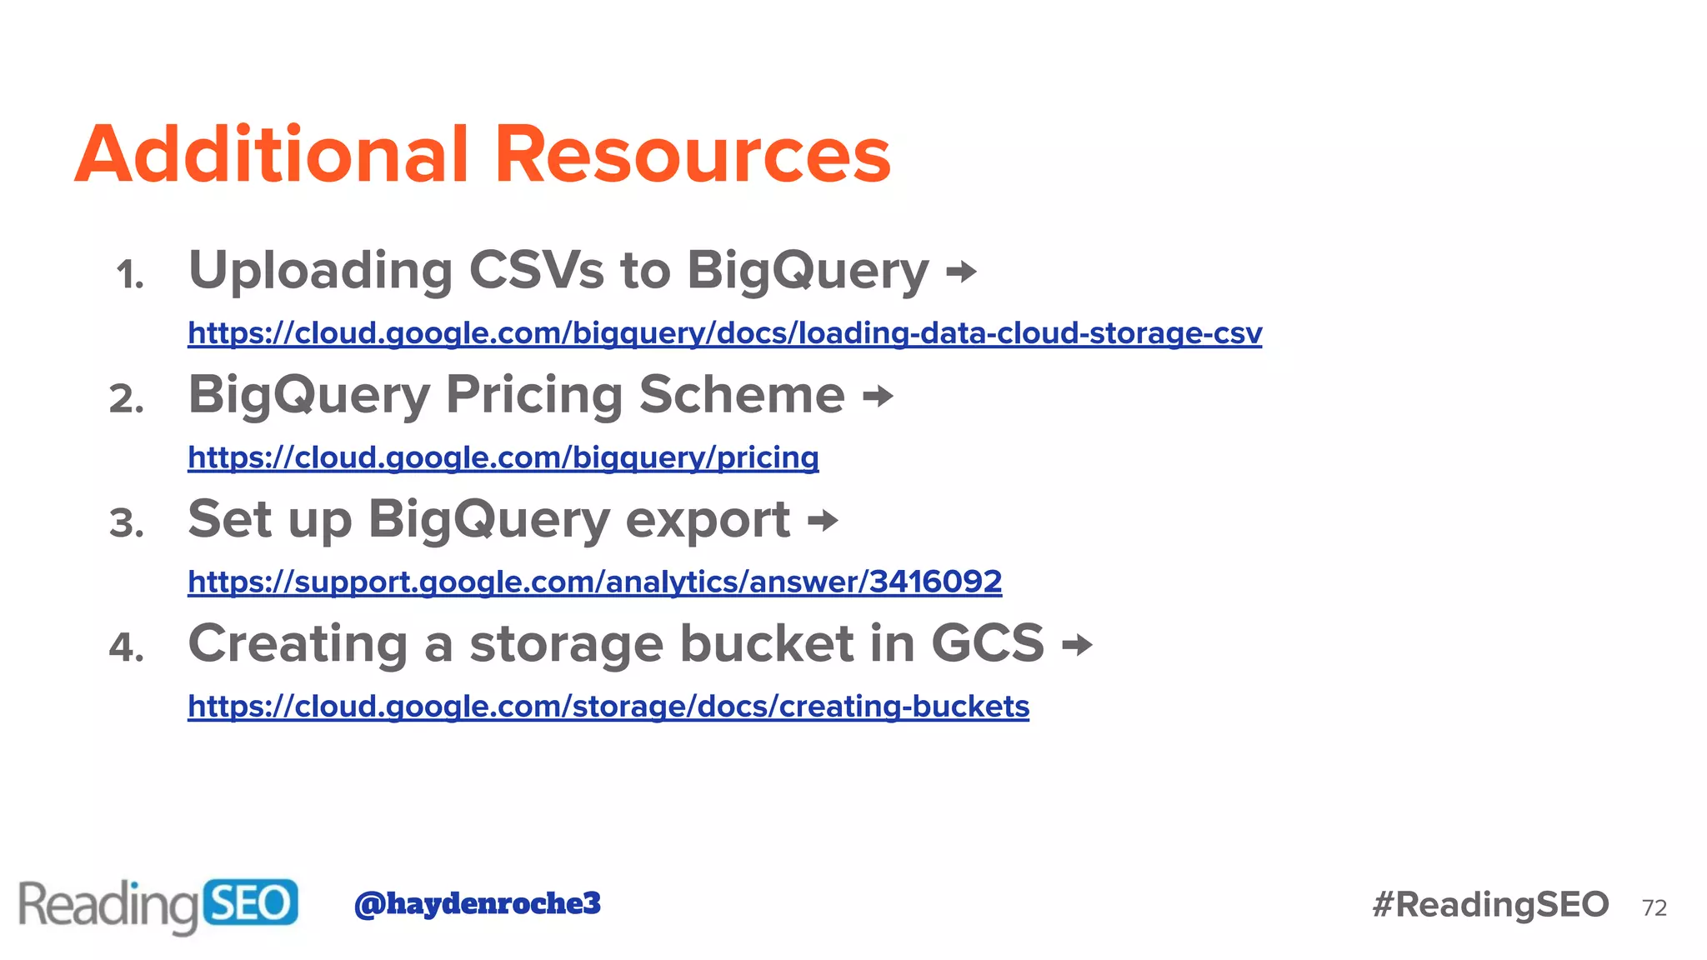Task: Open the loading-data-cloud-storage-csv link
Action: pos(724,333)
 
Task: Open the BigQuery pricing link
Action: pos(503,457)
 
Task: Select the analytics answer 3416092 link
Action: pos(594,582)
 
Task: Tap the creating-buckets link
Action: pos(608,706)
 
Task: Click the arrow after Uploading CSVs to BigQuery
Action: pos(961,272)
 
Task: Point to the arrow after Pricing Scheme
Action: pos(878,396)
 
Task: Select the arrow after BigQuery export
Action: pos(823,521)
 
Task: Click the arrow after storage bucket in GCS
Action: pos(1077,645)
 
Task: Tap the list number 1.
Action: pos(130,275)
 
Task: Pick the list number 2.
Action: pos(127,399)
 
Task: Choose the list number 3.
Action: pos(127,523)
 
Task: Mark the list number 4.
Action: pos(127,647)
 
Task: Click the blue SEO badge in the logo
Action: pos(249,902)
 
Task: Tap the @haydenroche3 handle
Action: pos(477,903)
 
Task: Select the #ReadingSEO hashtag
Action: pos(1490,904)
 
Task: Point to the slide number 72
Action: pos(1654,907)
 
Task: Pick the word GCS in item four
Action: pos(987,643)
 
